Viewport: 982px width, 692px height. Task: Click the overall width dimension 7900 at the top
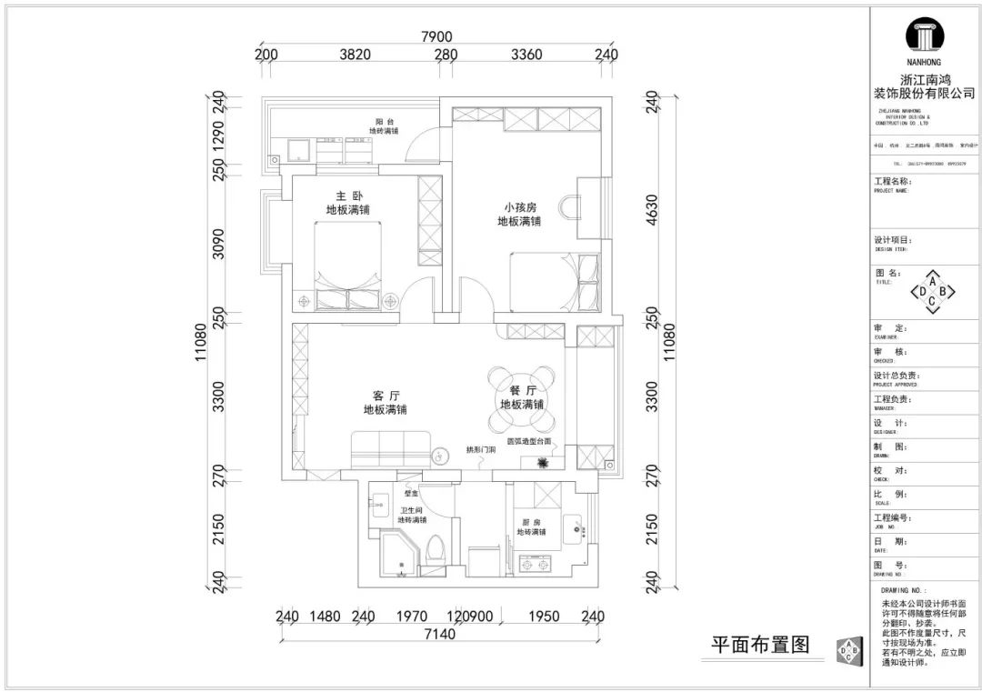click(436, 36)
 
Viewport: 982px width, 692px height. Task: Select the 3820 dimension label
click(355, 55)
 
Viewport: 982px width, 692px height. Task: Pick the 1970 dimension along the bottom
click(411, 617)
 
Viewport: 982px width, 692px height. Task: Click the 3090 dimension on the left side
click(218, 245)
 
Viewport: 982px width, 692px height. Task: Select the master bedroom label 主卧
click(342, 196)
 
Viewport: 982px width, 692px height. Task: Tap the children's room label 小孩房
click(518, 207)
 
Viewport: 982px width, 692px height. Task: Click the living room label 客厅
click(386, 396)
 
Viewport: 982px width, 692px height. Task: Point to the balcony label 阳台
click(384, 122)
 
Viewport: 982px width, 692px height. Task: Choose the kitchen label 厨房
click(531, 521)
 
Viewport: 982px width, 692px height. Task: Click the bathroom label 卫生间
click(411, 510)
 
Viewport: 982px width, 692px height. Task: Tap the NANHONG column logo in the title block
click(924, 39)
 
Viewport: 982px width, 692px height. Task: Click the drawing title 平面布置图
click(759, 646)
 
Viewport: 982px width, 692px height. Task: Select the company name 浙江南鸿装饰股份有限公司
click(924, 86)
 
